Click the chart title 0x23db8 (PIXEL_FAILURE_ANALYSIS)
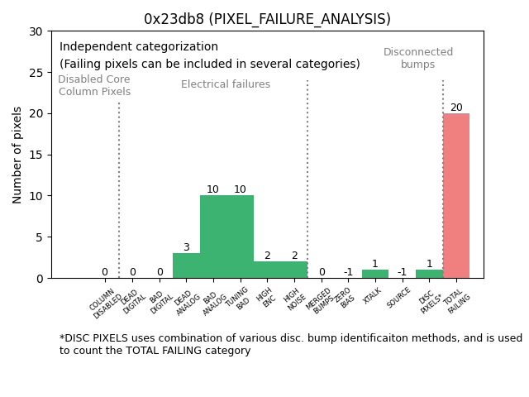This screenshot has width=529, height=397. tap(267, 19)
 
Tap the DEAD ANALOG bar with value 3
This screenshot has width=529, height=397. tap(186, 265)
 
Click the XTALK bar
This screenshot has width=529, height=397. tap(375, 274)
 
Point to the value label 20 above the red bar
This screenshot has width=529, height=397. tap(456, 108)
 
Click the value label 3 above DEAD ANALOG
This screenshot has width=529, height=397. tap(186, 247)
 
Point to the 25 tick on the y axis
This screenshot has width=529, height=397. tap(38, 73)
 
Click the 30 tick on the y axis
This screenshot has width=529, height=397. tap(38, 31)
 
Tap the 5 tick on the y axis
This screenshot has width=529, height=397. tap(41, 237)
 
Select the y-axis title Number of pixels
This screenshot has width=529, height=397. tap(17, 155)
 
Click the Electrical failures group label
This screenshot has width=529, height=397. tap(226, 84)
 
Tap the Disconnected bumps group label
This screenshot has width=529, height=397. tap(418, 58)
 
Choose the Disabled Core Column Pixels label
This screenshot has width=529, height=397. tap(94, 85)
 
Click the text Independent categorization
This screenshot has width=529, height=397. tap(139, 47)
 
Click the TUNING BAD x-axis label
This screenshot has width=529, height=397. tap(240, 299)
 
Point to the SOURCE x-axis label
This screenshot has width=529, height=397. tap(400, 297)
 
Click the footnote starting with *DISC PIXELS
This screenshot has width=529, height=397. tap(290, 344)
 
